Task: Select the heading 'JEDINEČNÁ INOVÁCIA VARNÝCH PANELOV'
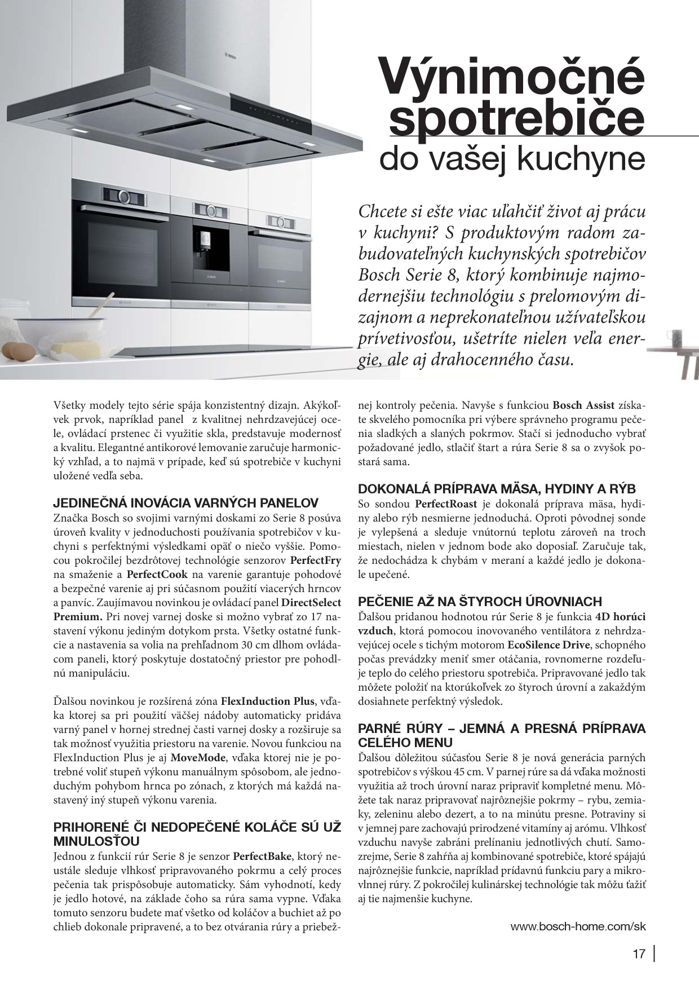(186, 502)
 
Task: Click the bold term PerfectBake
(262, 856)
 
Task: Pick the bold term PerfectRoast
(446, 503)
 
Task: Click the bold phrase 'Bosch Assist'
(583, 405)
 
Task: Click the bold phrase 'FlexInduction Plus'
(267, 701)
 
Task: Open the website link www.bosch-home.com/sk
(578, 926)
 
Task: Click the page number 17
(638, 954)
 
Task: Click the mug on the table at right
(676, 339)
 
